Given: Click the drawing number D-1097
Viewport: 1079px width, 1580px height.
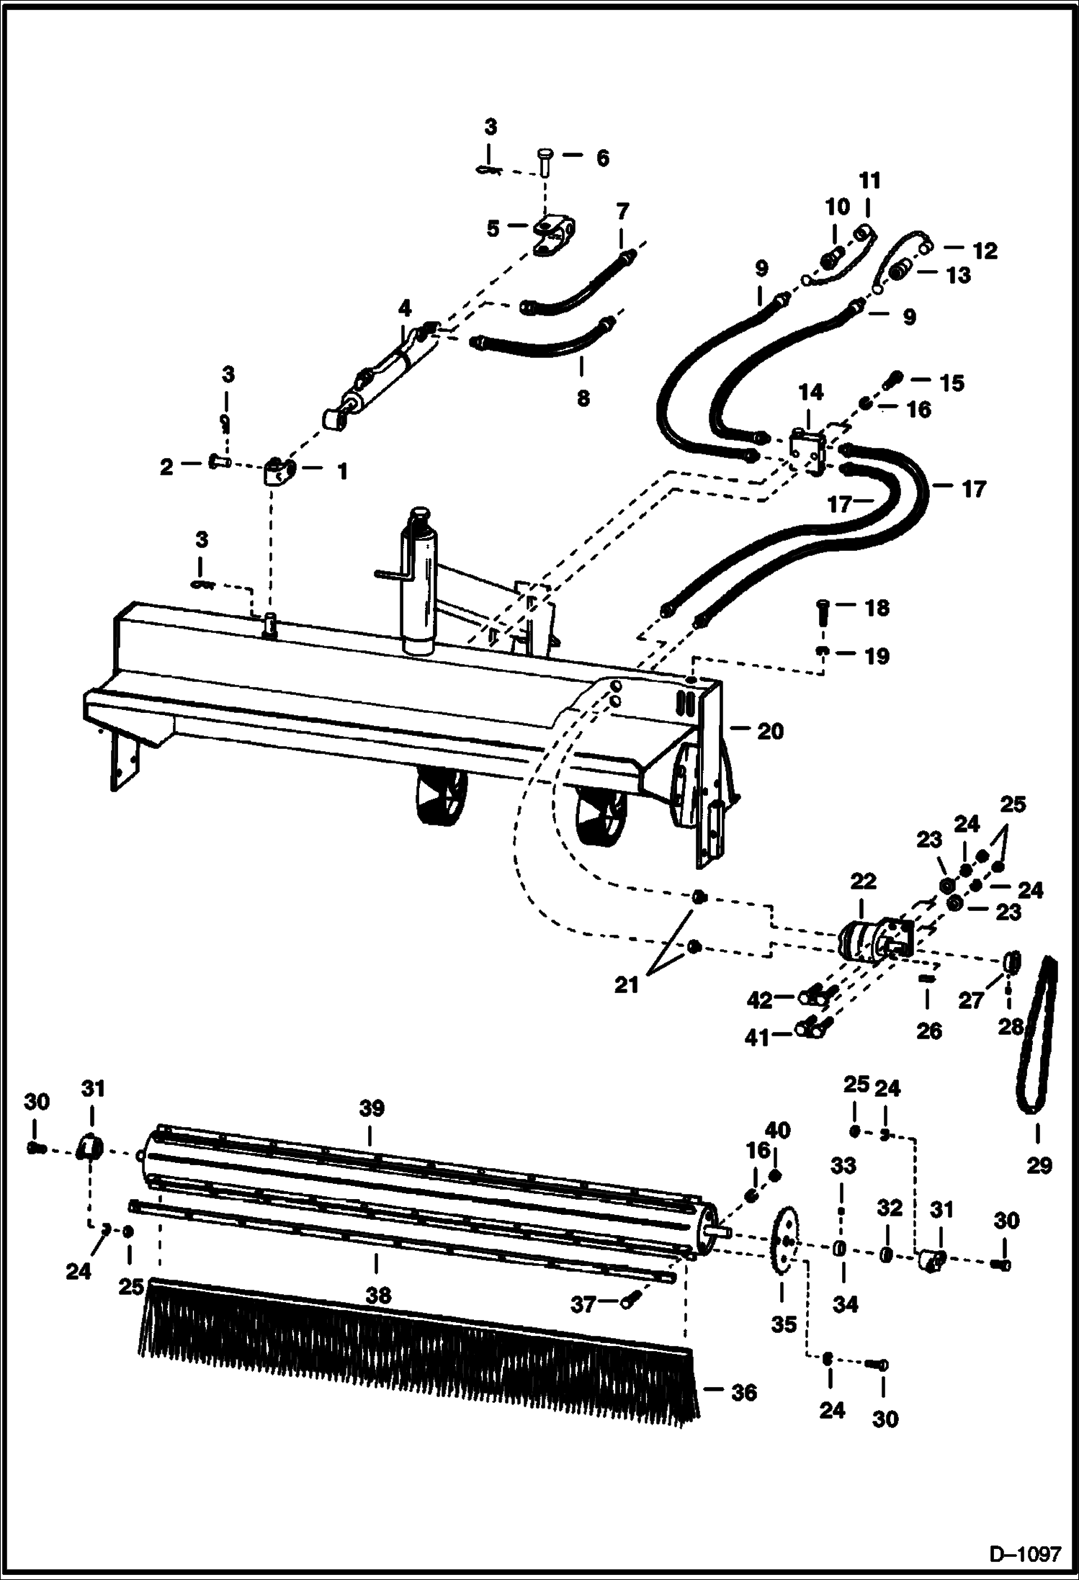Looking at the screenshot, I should pyautogui.click(x=1025, y=1550).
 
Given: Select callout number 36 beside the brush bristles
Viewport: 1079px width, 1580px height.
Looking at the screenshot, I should pyautogui.click(x=743, y=1392).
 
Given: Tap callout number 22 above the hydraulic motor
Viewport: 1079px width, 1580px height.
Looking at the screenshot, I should pyautogui.click(x=863, y=881).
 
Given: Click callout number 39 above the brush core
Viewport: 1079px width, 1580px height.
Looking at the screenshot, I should pyautogui.click(x=372, y=1108).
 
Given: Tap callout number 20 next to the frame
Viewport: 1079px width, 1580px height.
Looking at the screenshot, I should pyautogui.click(x=770, y=732).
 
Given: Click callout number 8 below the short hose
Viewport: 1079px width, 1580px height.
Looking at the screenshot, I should pyautogui.click(x=583, y=398).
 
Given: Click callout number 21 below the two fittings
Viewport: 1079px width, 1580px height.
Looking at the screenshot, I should pyautogui.click(x=626, y=985).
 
